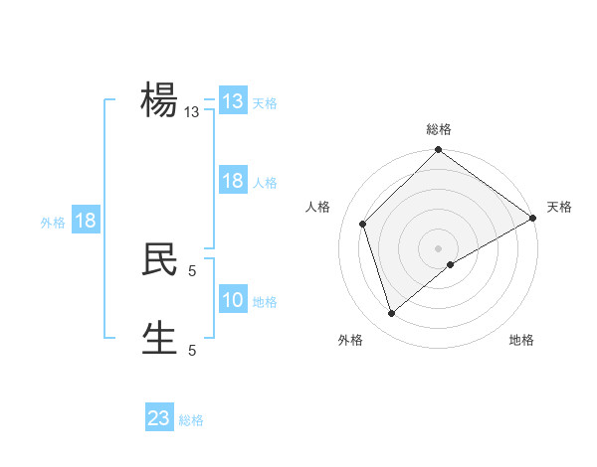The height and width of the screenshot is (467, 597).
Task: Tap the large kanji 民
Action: tap(159, 259)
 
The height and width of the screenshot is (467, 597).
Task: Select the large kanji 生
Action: tap(159, 338)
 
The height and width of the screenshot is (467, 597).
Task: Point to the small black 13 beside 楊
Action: tap(192, 112)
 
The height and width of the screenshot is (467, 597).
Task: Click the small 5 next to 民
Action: tap(192, 270)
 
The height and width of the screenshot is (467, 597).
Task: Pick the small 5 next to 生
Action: tap(192, 350)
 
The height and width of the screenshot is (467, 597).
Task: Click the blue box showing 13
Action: tap(232, 101)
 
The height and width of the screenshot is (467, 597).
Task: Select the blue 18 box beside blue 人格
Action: tap(232, 181)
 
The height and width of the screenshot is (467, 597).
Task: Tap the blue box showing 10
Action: tap(232, 300)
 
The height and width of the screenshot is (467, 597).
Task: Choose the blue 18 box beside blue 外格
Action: tap(86, 221)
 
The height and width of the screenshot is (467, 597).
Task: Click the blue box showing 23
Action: tap(159, 418)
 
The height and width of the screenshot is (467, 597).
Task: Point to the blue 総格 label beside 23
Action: tap(191, 420)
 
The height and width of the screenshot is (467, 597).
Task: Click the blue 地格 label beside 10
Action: tap(265, 302)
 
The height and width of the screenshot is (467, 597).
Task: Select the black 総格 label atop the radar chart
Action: tap(439, 129)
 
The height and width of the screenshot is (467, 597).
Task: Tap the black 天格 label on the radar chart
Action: tap(560, 207)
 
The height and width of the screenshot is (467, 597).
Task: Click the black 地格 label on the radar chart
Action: tap(521, 341)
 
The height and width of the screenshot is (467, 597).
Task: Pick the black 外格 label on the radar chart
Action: tap(349, 341)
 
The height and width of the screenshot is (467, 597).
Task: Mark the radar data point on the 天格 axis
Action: tap(533, 218)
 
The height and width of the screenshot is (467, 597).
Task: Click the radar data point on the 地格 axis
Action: tap(451, 264)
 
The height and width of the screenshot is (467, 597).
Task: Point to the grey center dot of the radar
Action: tap(438, 247)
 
